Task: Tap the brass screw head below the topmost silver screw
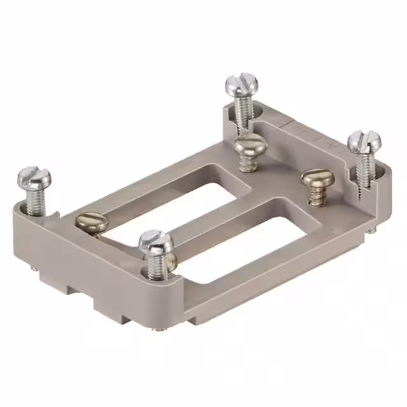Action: (x=247, y=144)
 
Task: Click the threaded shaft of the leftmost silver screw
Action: (x=35, y=200)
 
